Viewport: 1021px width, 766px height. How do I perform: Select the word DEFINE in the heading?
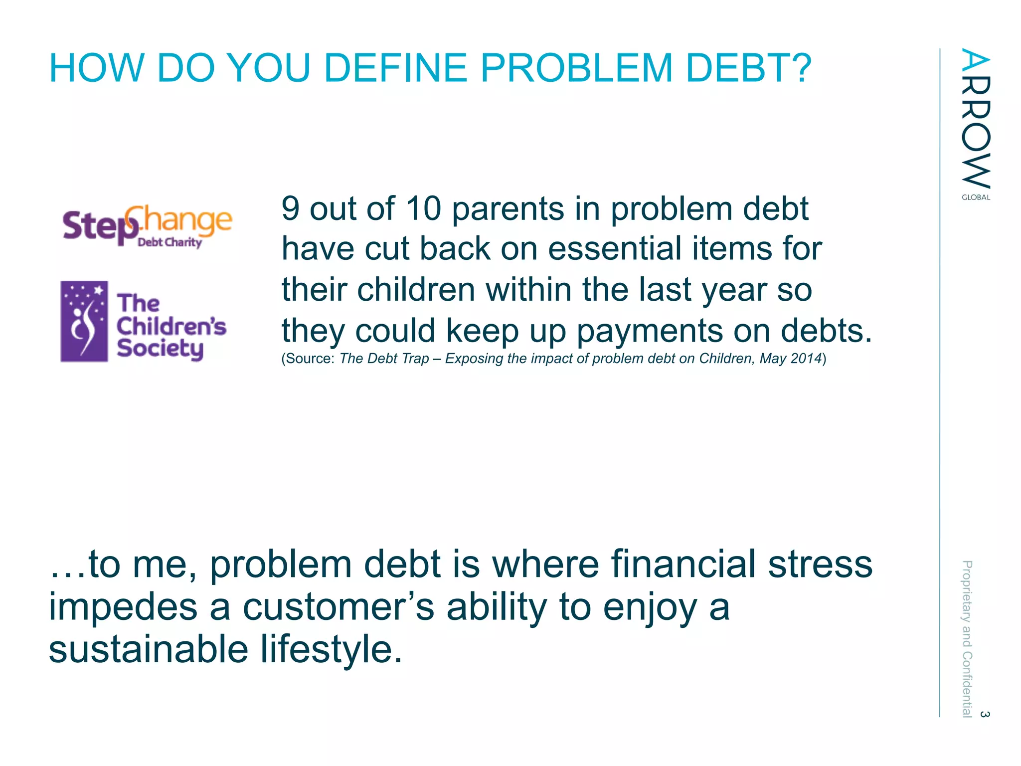pyautogui.click(x=396, y=68)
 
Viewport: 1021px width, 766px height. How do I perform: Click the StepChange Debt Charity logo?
pyautogui.click(x=148, y=226)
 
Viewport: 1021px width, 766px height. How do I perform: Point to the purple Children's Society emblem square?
pyautogui.click(x=84, y=321)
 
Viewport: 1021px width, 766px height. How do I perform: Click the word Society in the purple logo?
pyautogui.click(x=160, y=348)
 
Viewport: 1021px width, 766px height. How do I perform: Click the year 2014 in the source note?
pyautogui.click(x=806, y=359)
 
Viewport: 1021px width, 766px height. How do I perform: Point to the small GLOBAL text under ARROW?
pyautogui.click(x=976, y=197)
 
